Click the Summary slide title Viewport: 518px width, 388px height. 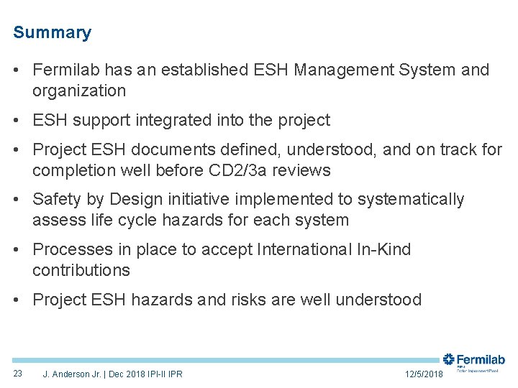point(52,33)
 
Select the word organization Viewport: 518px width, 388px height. point(79,91)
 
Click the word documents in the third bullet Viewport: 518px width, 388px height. point(168,149)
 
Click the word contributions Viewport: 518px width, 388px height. point(81,270)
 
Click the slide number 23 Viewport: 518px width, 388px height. point(18,374)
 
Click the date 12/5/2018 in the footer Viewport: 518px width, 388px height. point(424,374)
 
